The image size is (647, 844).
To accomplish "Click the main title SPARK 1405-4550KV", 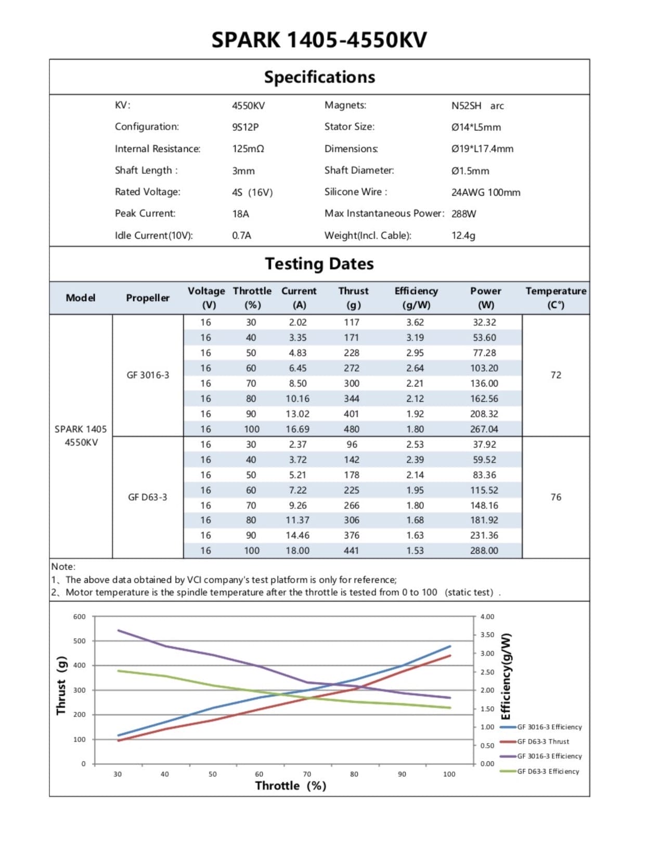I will click(319, 40).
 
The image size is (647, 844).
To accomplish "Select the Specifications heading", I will click(319, 77).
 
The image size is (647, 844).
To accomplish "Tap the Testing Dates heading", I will click(319, 264).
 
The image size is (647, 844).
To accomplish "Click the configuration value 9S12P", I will click(245, 127).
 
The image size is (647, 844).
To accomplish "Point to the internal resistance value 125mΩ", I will click(248, 149).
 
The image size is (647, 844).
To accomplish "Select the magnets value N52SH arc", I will click(477, 106).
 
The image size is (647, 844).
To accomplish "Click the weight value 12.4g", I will click(463, 235).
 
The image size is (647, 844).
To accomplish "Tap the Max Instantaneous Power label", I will click(384, 213).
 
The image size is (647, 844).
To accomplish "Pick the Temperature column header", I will click(555, 298).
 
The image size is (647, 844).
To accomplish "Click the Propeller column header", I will click(148, 298).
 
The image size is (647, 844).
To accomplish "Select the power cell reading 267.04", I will click(484, 429).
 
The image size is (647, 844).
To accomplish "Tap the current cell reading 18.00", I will click(297, 551).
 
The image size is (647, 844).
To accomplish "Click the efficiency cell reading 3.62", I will click(415, 322).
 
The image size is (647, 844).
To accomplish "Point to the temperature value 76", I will click(555, 497).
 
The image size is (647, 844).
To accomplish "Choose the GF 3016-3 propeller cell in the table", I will click(148, 375).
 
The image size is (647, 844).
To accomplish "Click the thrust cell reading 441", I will click(351, 551).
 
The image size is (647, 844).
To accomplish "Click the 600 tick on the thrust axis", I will click(79, 617).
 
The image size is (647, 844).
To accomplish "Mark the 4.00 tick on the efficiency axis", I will click(487, 617).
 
